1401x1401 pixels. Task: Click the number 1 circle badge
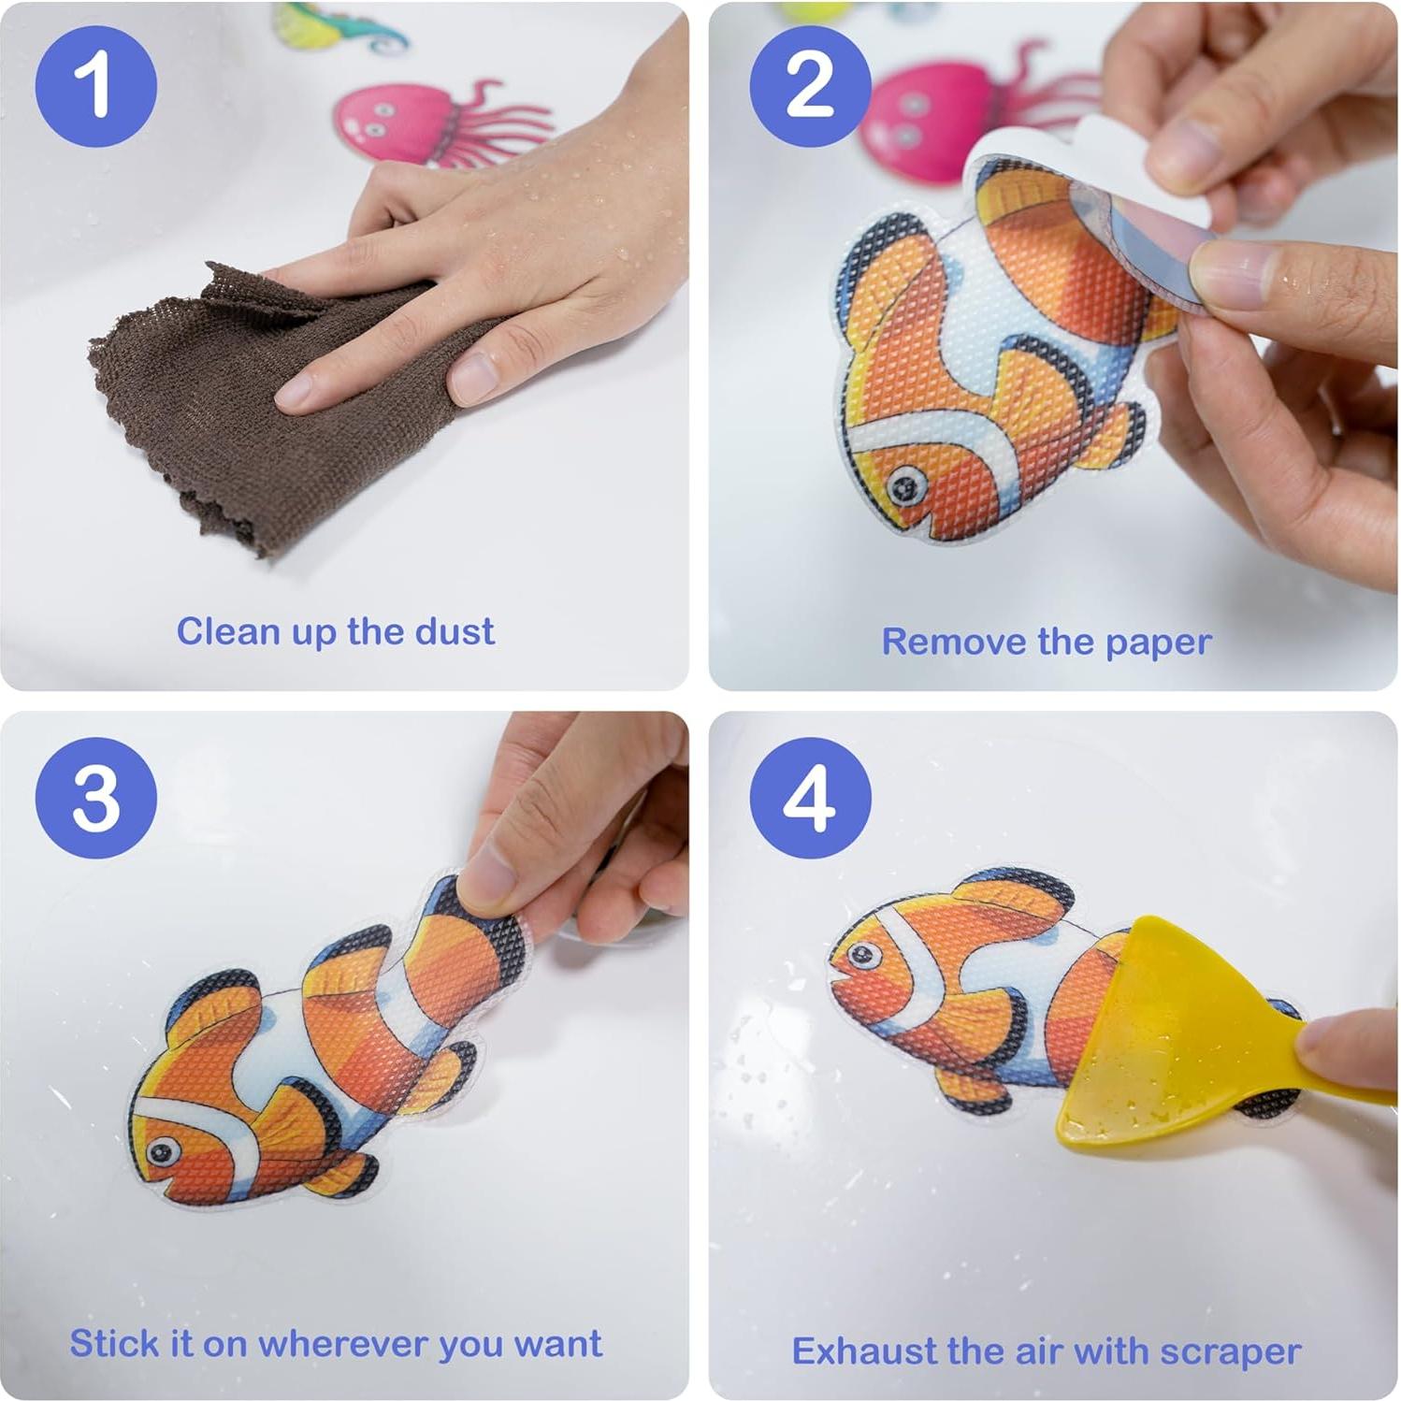(x=95, y=86)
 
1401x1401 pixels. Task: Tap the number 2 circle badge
(x=810, y=86)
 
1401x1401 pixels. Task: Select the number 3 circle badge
(x=95, y=798)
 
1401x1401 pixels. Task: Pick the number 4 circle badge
(x=810, y=798)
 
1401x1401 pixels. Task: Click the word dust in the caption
(x=455, y=632)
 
